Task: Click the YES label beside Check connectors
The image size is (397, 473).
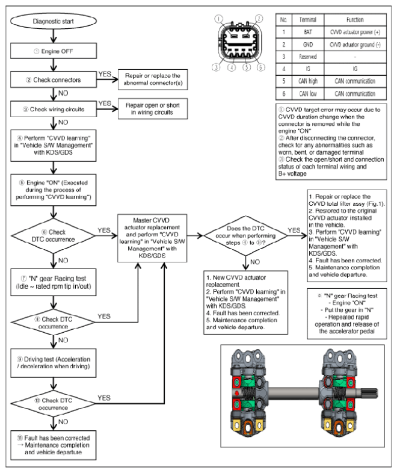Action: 105,74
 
